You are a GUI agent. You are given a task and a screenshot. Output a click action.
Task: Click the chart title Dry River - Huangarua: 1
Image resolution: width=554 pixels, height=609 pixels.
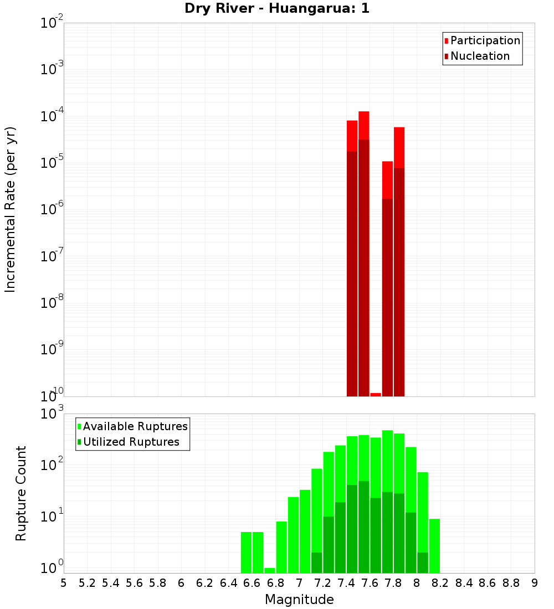point(276,9)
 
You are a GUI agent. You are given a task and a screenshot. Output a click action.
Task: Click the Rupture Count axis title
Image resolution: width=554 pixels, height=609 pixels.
point(21,493)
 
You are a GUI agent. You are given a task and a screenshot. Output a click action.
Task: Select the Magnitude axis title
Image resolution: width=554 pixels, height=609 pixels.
point(299,600)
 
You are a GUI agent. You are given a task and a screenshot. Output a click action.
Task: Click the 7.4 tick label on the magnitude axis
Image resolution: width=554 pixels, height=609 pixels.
point(346,583)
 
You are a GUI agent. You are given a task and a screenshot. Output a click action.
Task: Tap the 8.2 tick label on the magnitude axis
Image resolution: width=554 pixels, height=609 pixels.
point(440,583)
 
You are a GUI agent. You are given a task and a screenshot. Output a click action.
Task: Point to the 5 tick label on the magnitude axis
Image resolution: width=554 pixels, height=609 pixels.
point(64,583)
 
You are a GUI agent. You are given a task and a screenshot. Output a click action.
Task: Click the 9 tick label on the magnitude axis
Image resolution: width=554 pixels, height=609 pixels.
point(535,583)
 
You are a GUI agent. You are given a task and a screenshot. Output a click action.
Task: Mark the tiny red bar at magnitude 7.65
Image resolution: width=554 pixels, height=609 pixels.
point(376,394)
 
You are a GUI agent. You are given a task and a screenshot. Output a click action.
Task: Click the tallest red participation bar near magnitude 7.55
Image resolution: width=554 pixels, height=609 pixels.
point(363,125)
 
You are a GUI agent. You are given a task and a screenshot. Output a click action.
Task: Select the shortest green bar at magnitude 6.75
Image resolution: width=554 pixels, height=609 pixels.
point(270,570)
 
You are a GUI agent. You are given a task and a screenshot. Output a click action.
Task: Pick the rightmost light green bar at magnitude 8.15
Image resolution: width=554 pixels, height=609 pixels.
point(434,545)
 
